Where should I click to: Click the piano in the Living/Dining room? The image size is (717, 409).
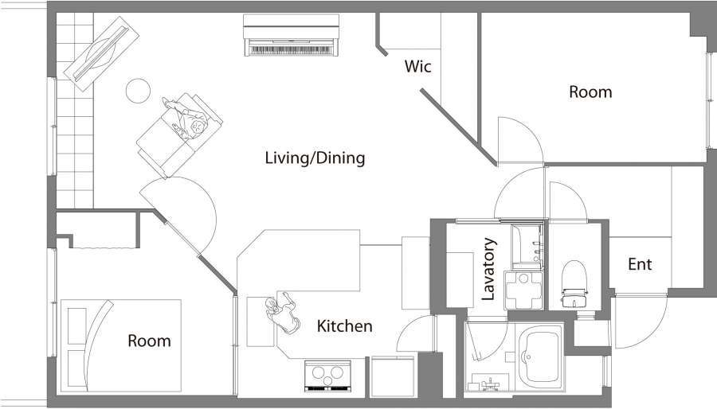tap(292, 36)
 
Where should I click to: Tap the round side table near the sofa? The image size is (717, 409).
tap(138, 91)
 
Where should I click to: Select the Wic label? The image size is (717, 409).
tap(417, 66)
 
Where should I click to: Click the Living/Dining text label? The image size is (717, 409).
tap(315, 158)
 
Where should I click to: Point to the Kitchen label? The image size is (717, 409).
tap(344, 326)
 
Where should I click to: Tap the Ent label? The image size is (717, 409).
tap(640, 264)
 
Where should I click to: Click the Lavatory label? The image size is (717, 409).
tap(488, 269)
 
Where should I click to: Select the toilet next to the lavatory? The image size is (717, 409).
tap(574, 284)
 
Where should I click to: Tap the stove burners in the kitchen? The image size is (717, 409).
tap(328, 376)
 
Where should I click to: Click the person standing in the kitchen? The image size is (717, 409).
tap(283, 313)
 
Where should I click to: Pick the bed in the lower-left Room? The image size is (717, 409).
tap(121, 345)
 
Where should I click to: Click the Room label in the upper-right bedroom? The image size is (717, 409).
tap(590, 92)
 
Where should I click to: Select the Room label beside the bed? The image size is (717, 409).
tap(149, 341)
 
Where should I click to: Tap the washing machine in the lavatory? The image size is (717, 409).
tap(523, 290)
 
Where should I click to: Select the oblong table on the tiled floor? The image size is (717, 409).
tap(101, 53)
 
